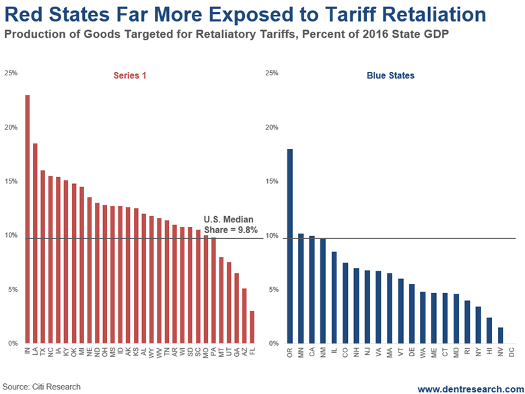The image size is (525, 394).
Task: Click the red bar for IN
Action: [28, 219]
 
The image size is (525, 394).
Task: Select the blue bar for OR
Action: [290, 246]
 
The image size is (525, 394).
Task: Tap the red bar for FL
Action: [252, 327]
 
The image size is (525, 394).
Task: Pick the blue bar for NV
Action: [500, 335]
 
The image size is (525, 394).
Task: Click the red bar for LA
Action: [35, 243]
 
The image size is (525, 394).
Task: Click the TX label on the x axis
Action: [43, 352]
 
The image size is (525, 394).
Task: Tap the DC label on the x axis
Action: [512, 352]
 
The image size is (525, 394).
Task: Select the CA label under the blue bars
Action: [312, 352]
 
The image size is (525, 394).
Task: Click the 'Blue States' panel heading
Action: [390, 76]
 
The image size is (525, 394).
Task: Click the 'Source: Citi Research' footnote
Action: [41, 387]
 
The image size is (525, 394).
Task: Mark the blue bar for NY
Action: [478, 325]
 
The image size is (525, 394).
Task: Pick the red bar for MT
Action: [221, 300]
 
